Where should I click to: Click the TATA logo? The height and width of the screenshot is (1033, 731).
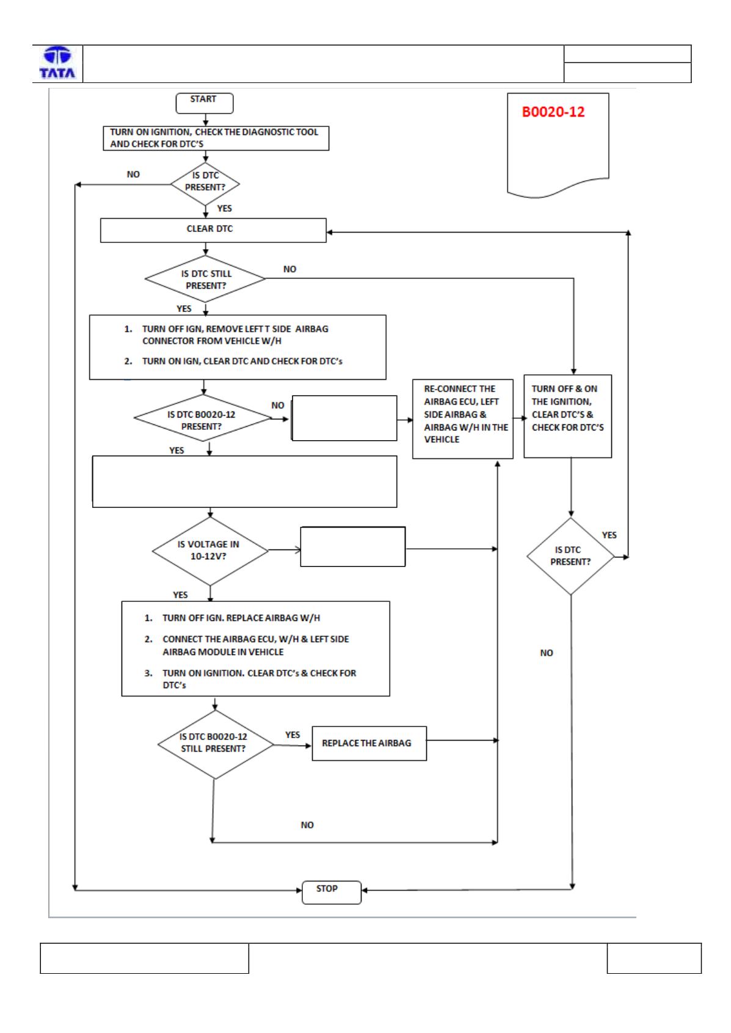click(57, 63)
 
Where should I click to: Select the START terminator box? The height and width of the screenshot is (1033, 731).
click(205, 103)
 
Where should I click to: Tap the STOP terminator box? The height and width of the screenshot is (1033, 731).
click(331, 892)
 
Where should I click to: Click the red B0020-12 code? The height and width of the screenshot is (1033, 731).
click(553, 112)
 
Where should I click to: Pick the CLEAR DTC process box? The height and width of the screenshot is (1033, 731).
click(213, 230)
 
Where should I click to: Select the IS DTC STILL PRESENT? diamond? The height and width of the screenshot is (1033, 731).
click(205, 279)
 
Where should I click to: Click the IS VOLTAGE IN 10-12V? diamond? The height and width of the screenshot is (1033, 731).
click(210, 551)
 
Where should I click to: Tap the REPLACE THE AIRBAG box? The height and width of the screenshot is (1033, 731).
click(369, 743)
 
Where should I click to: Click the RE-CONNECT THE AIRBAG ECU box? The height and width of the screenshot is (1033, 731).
click(462, 419)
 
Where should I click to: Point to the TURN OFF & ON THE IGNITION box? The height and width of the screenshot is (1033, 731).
click(567, 416)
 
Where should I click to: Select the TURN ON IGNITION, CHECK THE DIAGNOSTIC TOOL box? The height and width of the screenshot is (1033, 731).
click(216, 138)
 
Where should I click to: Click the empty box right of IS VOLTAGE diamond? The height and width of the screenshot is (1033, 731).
click(353, 546)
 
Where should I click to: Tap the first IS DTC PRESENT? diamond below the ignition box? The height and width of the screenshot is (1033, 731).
click(205, 184)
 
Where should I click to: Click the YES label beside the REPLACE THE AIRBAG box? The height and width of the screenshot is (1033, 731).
click(293, 734)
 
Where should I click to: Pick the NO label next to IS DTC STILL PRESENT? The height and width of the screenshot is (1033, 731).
click(289, 269)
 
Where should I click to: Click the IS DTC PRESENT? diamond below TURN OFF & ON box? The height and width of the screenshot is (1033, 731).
click(570, 556)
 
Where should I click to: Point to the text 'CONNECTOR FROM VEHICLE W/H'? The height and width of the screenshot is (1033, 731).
click(212, 341)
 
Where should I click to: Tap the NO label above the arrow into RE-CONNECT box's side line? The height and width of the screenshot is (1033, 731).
click(307, 825)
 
